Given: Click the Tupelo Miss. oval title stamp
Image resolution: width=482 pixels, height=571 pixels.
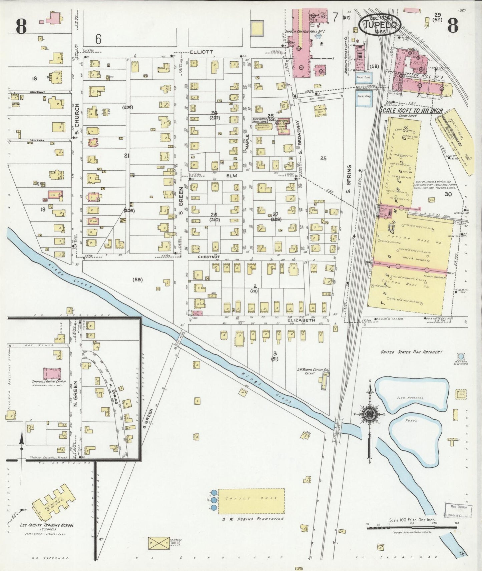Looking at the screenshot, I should pyautogui.click(x=380, y=24).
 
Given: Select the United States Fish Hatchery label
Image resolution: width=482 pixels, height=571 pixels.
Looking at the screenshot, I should pyautogui.click(x=411, y=352).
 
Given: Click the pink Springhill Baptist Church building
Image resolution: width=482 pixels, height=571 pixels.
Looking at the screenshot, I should pyautogui.click(x=52, y=373).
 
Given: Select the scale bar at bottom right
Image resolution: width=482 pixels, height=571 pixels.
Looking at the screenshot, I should pyautogui.click(x=412, y=528).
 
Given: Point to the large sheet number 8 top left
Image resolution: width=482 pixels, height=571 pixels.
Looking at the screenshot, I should pyautogui.click(x=21, y=27).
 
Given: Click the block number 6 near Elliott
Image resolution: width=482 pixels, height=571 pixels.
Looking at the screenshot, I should pyautogui.click(x=98, y=40).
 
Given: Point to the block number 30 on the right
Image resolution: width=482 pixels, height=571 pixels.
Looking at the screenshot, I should pyautogui.click(x=448, y=194).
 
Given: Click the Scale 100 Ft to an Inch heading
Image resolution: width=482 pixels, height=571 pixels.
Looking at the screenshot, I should pyautogui.click(x=411, y=110).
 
